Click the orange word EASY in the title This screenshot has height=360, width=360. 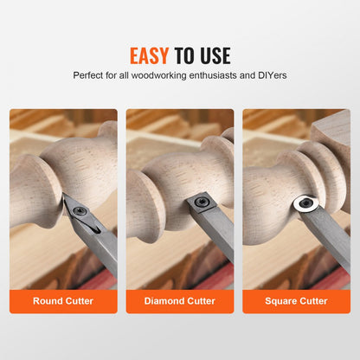click(x=149, y=56)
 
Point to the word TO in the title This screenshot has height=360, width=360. click(x=183, y=56)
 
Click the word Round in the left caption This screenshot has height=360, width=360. click(x=48, y=302)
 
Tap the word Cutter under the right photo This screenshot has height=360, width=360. click(x=311, y=302)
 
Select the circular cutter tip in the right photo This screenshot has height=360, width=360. click(x=305, y=204)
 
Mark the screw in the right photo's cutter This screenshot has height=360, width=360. click(x=305, y=204)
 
